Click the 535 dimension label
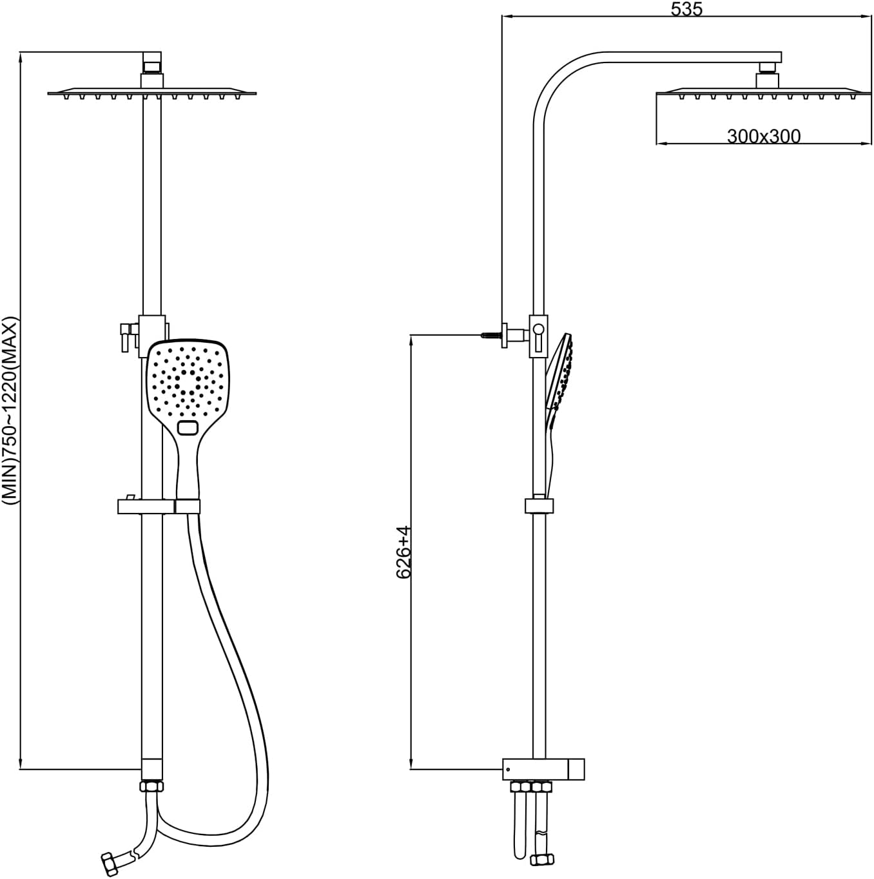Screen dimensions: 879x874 686,9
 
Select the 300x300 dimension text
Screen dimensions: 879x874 764,136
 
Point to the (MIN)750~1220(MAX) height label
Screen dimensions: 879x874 11,410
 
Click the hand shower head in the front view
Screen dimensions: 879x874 187,380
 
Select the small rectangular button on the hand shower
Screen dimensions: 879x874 188,427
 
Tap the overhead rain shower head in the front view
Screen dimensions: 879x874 152,94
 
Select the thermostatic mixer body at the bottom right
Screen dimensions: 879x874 543,768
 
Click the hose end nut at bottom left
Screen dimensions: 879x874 112,862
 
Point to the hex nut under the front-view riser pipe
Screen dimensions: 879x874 152,786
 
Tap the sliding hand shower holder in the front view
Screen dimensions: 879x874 159,507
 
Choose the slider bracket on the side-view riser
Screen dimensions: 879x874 539,506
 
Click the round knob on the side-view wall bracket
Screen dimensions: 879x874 538,330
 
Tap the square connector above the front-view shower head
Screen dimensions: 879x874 152,66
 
